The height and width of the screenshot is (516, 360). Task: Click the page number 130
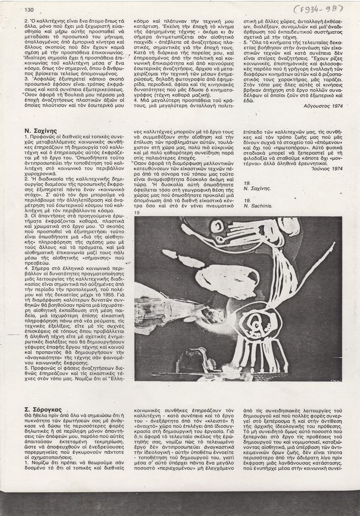point(29,10)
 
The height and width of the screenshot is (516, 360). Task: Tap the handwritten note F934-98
point(319,8)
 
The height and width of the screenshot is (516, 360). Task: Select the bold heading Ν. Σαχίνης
point(41,131)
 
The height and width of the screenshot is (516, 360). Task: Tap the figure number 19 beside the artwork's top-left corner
point(137,213)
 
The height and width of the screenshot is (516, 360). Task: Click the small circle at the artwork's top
point(217,226)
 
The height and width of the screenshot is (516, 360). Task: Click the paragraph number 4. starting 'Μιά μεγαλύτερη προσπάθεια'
point(136,101)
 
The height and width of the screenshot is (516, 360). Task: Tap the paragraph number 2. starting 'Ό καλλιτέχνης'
point(26,21)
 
